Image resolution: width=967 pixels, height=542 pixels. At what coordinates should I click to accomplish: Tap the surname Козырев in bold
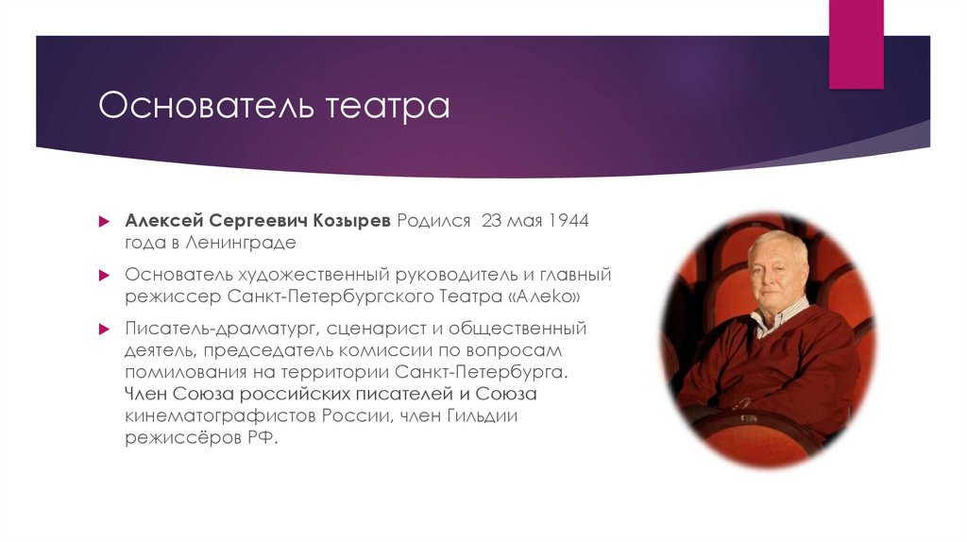point(353,220)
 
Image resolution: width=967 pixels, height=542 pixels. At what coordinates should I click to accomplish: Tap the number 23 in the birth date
point(492,220)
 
